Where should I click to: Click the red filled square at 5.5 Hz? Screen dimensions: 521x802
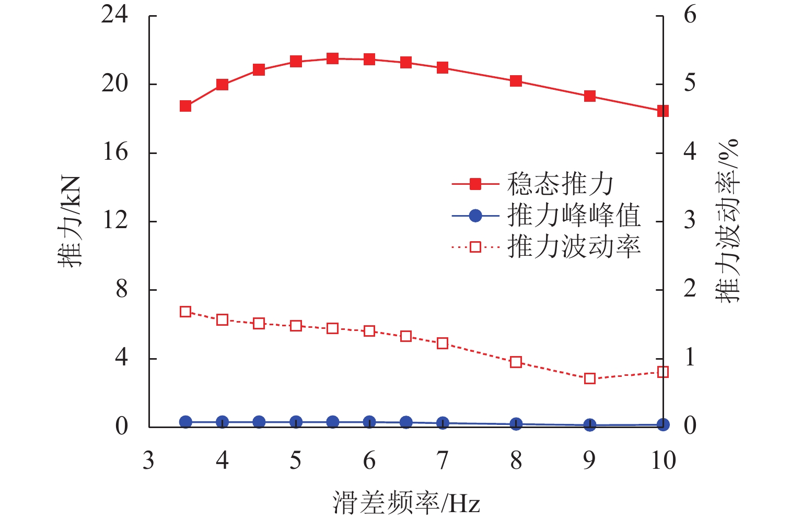tap(332, 58)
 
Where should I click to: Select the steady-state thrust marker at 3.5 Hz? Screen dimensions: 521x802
tap(185, 106)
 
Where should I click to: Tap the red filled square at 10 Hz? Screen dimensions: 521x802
tap(663, 111)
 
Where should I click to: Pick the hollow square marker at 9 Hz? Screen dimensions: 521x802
tap(590, 378)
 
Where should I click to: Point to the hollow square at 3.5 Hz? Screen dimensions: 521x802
tap(185, 312)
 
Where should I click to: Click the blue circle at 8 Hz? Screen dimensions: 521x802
tap(516, 424)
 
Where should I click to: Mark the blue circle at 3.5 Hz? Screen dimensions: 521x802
tap(185, 422)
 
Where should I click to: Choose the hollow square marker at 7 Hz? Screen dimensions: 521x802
tap(443, 343)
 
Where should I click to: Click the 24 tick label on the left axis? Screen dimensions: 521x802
tap(115, 16)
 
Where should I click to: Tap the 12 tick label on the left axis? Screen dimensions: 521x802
tap(115, 221)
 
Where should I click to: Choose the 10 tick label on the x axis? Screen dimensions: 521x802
tap(663, 461)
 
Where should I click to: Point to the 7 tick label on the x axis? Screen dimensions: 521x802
tap(443, 461)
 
